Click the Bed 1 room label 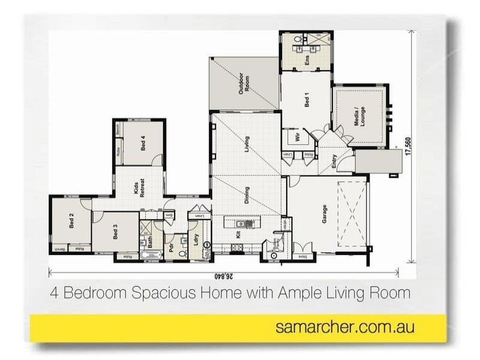tap(307, 100)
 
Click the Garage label tap(325, 214)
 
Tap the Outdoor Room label tap(244, 83)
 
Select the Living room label tap(247, 144)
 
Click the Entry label tap(334, 161)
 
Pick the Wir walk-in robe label tap(297, 138)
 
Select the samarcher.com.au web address tap(344, 328)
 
